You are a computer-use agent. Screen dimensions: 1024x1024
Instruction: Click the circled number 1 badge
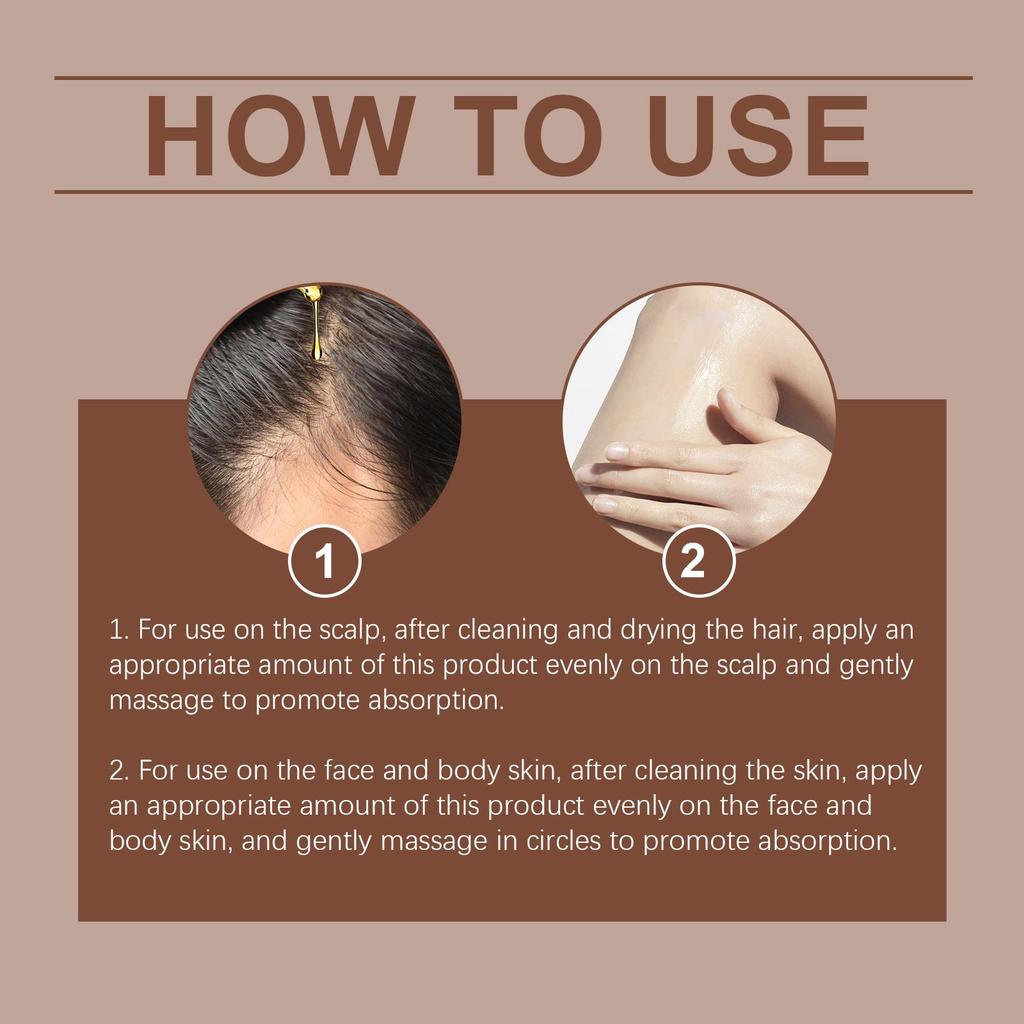click(x=324, y=562)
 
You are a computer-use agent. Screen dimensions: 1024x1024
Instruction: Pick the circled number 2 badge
click(x=698, y=562)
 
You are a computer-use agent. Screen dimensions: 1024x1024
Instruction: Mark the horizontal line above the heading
click(x=512, y=77)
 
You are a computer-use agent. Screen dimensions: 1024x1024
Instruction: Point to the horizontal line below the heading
click(x=512, y=191)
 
